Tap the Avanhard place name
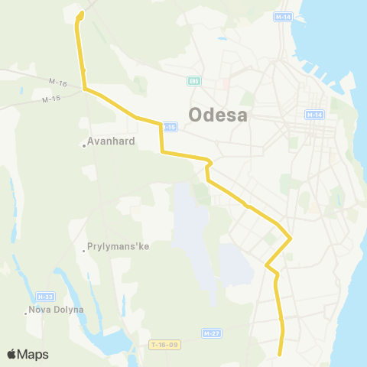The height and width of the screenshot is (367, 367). (112, 141)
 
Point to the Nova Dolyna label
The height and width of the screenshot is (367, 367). (55, 310)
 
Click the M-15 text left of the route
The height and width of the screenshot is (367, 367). (51, 99)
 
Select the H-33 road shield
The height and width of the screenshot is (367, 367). (44, 296)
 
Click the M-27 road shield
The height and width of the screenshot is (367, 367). (212, 333)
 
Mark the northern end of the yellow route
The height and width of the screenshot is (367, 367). (81, 13)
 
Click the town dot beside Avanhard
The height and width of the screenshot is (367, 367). (84, 145)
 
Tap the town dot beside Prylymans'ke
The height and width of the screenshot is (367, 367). (84, 250)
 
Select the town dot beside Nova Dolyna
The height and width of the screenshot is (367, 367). (24, 312)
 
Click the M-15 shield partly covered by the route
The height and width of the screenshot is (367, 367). (171, 126)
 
